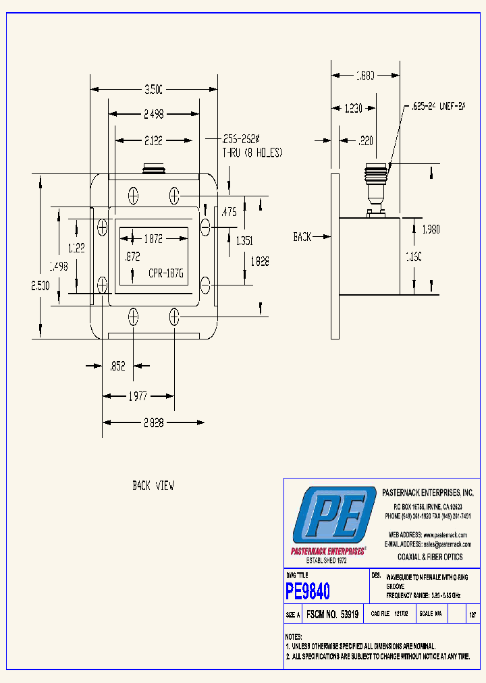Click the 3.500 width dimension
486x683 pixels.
pyautogui.click(x=154, y=88)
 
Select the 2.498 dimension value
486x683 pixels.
pyautogui.click(x=154, y=114)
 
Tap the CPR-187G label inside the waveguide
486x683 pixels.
pyautogui.click(x=166, y=274)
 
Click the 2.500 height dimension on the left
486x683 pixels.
pyautogui.click(x=40, y=286)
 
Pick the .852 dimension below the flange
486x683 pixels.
pyautogui.click(x=118, y=366)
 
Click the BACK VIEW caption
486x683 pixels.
pyautogui.click(x=153, y=485)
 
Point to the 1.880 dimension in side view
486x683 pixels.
pyautogui.click(x=365, y=76)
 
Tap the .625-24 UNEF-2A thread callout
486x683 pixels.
pyautogui.click(x=439, y=107)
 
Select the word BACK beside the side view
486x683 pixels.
pyautogui.click(x=302, y=237)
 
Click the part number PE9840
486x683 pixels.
pyautogui.click(x=308, y=592)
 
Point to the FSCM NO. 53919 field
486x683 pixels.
pyautogui.click(x=332, y=615)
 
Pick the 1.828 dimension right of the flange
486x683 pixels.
pyautogui.click(x=259, y=261)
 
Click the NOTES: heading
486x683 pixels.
pyautogui.click(x=293, y=636)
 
